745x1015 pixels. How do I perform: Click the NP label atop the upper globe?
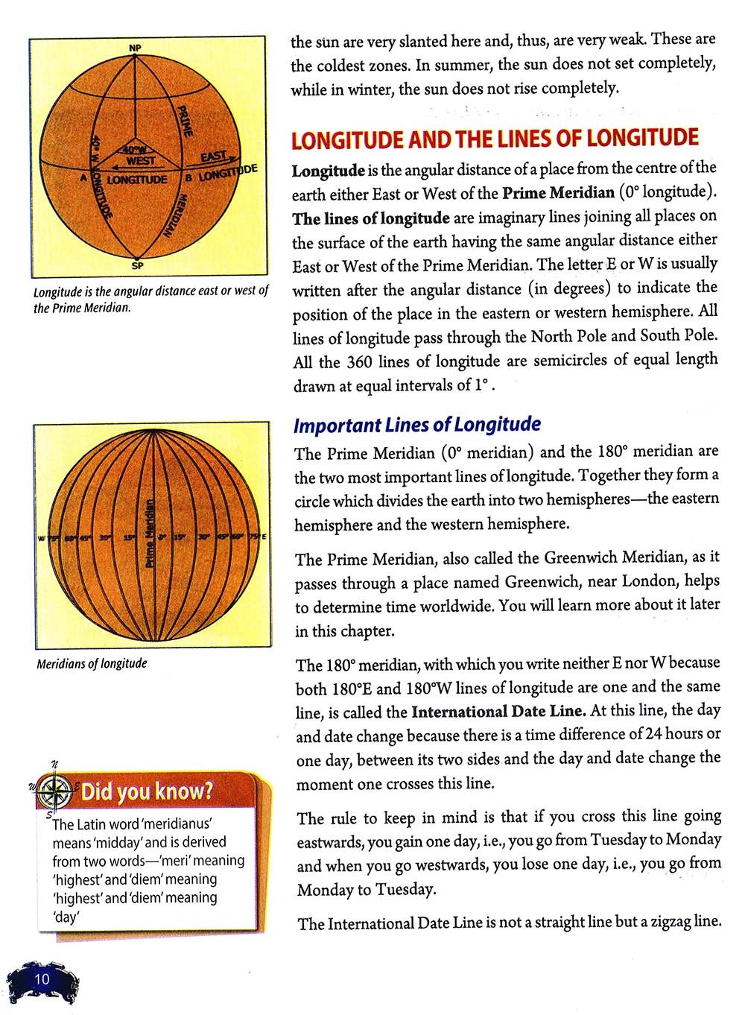click(135, 48)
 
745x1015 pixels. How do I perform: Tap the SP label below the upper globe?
click(136, 265)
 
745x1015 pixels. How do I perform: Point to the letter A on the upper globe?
click(83, 179)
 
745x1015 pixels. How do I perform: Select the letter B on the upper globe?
click(188, 178)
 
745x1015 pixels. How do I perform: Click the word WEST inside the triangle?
click(141, 160)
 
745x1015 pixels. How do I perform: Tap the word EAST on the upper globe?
click(213, 156)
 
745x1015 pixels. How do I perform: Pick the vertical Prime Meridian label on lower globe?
click(150, 534)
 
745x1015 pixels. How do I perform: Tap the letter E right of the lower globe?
click(264, 537)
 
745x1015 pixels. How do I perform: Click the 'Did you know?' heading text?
click(147, 791)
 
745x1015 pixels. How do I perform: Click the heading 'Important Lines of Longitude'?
click(416, 425)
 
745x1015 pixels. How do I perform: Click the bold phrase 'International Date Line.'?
click(498, 711)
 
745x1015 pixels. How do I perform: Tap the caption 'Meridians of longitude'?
click(92, 663)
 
